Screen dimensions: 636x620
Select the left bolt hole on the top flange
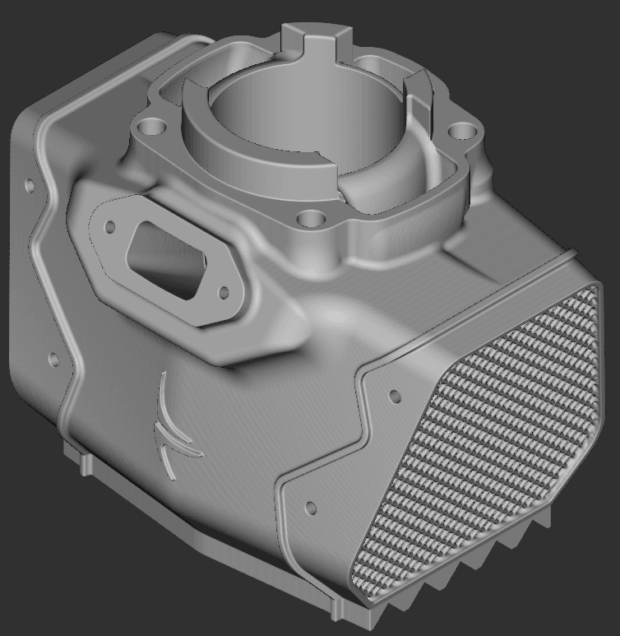coord(150,128)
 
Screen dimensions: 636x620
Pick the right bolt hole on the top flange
coord(464,132)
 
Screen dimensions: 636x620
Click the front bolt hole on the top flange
coord(312,220)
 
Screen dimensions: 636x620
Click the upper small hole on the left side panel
coord(30,186)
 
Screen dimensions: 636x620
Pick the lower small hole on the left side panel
coord(54,360)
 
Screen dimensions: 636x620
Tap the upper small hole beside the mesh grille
coord(394,397)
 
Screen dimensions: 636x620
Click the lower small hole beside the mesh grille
coord(311,507)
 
